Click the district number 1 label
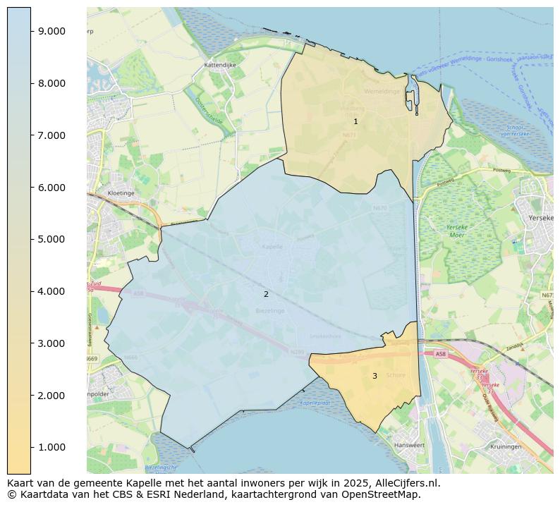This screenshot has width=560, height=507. pyautogui.click(x=355, y=121)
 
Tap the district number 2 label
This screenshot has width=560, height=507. pyautogui.click(x=266, y=294)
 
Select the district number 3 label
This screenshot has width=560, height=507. pyautogui.click(x=375, y=376)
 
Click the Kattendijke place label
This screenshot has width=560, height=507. pyautogui.click(x=219, y=64)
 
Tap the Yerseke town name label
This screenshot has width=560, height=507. pyautogui.click(x=542, y=219)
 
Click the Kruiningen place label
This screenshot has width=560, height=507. pyautogui.click(x=506, y=446)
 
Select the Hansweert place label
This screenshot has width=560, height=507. pyautogui.click(x=409, y=446)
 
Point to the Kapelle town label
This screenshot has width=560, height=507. pyautogui.click(x=272, y=247)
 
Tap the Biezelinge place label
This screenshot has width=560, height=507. pyautogui.click(x=270, y=310)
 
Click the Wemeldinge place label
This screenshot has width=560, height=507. pyautogui.click(x=382, y=92)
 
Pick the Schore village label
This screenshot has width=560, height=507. pyautogui.click(x=396, y=375)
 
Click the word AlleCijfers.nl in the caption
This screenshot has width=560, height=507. pyautogui.click(x=404, y=483)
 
